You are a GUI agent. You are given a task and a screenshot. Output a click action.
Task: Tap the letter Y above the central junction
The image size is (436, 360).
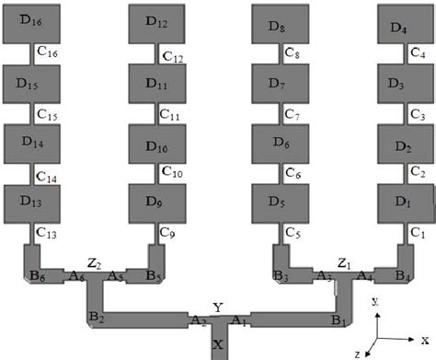pos(217,307)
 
